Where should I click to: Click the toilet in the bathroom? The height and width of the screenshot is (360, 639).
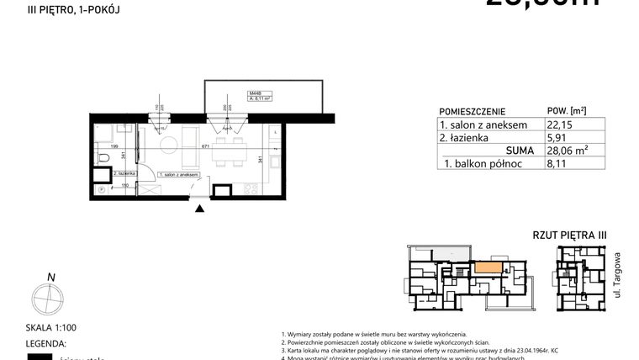coord(101,156)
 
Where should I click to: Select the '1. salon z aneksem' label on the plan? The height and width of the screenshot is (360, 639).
coord(181,173)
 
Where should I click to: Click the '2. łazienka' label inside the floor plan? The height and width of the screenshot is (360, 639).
coord(114,172)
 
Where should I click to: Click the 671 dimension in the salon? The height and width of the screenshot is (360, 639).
coord(205,147)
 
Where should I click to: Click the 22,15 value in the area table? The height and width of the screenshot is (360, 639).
coord(558,125)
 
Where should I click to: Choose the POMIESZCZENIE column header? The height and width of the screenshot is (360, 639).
coord(472,111)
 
